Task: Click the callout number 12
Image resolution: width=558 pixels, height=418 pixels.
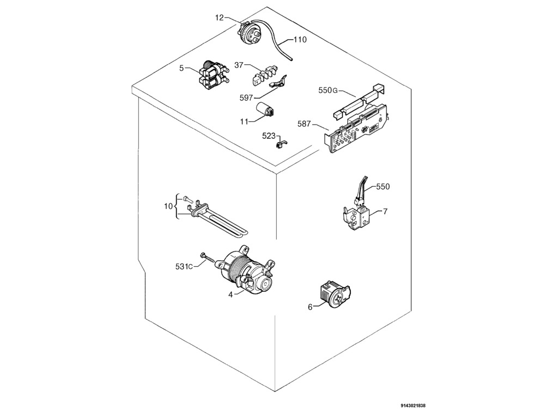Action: pos(219,17)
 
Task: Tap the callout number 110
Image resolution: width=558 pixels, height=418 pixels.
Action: pos(300,40)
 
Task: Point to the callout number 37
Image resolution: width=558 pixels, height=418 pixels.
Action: pos(239,65)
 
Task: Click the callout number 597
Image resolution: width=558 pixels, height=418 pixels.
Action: pos(247,97)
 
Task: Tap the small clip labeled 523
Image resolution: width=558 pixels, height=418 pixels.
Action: pos(282,143)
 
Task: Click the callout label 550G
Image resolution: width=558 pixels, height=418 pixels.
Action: pos(328,90)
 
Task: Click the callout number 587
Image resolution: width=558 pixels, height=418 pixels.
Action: pos(304,124)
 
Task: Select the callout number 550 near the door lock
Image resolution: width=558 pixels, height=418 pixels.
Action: pos(383,187)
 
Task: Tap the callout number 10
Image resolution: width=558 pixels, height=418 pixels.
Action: pos(168,206)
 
